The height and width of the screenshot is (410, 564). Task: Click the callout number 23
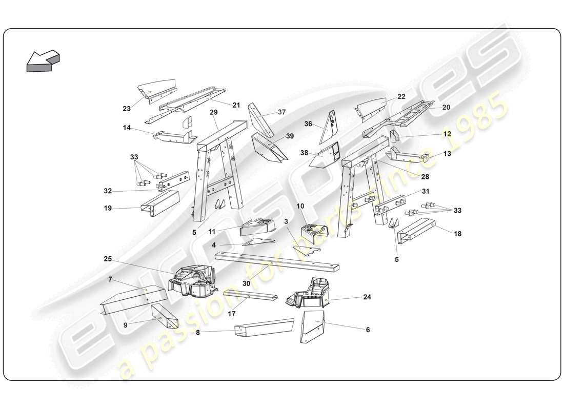[127, 108]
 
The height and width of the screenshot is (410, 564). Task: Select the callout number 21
[236, 105]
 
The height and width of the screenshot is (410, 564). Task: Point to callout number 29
[214, 112]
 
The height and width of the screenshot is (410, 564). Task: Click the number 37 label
[281, 112]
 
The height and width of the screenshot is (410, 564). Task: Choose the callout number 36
[308, 124]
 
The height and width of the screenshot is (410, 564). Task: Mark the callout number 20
[446, 108]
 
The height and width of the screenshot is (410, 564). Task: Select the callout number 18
[457, 233]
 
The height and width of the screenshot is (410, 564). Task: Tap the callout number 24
[367, 297]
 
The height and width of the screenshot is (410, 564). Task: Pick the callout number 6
[367, 330]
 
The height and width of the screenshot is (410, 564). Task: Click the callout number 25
[108, 259]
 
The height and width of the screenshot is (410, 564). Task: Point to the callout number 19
[108, 208]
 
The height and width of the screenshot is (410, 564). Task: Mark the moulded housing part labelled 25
[192, 281]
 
